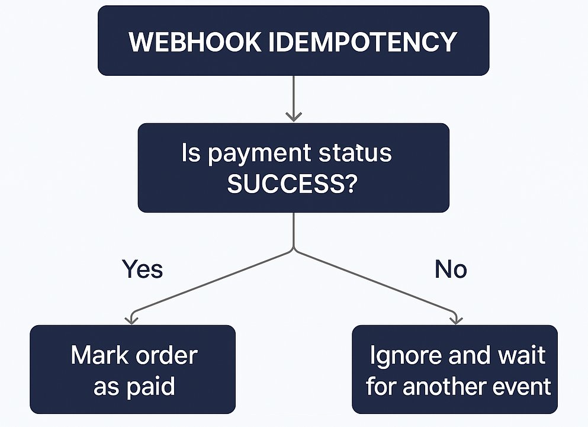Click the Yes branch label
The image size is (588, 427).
142,269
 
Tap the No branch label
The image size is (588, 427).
451,269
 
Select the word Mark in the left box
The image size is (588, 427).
97,356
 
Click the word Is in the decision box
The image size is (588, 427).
191,153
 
